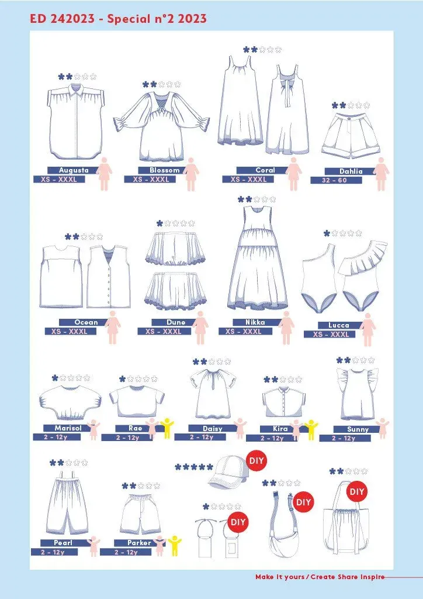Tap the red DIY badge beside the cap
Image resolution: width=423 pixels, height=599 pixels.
point(256,461)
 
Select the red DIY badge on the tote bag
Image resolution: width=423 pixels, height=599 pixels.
point(357,492)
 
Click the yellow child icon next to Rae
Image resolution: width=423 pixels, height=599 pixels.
point(167,428)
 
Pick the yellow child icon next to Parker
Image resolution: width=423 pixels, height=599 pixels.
point(174,545)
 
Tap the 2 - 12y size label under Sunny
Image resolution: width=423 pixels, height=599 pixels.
point(344,438)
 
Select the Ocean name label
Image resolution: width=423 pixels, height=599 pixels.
point(86,322)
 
